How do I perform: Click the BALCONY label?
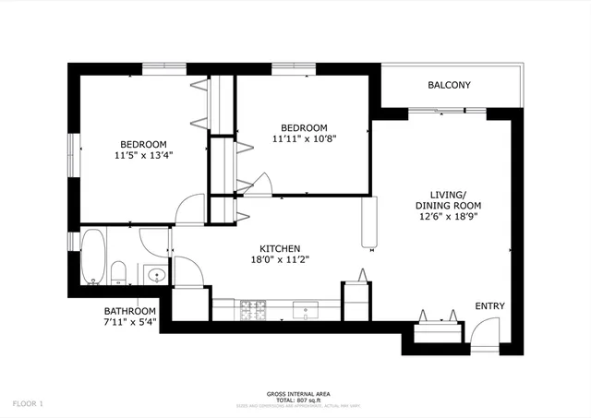click(450, 86)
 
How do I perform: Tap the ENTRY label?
click(489, 306)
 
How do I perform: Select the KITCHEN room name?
click(278, 248)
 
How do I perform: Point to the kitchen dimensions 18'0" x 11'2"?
click(278, 260)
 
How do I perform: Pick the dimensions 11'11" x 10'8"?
click(304, 139)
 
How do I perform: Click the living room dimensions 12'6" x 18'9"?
click(447, 217)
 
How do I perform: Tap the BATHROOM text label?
click(129, 311)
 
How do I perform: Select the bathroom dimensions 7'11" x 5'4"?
click(129, 323)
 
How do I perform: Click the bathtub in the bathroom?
click(93, 257)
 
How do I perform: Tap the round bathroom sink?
click(155, 274)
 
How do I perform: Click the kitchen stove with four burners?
click(252, 310)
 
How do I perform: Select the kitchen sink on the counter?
click(306, 311)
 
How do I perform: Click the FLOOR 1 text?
click(28, 403)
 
